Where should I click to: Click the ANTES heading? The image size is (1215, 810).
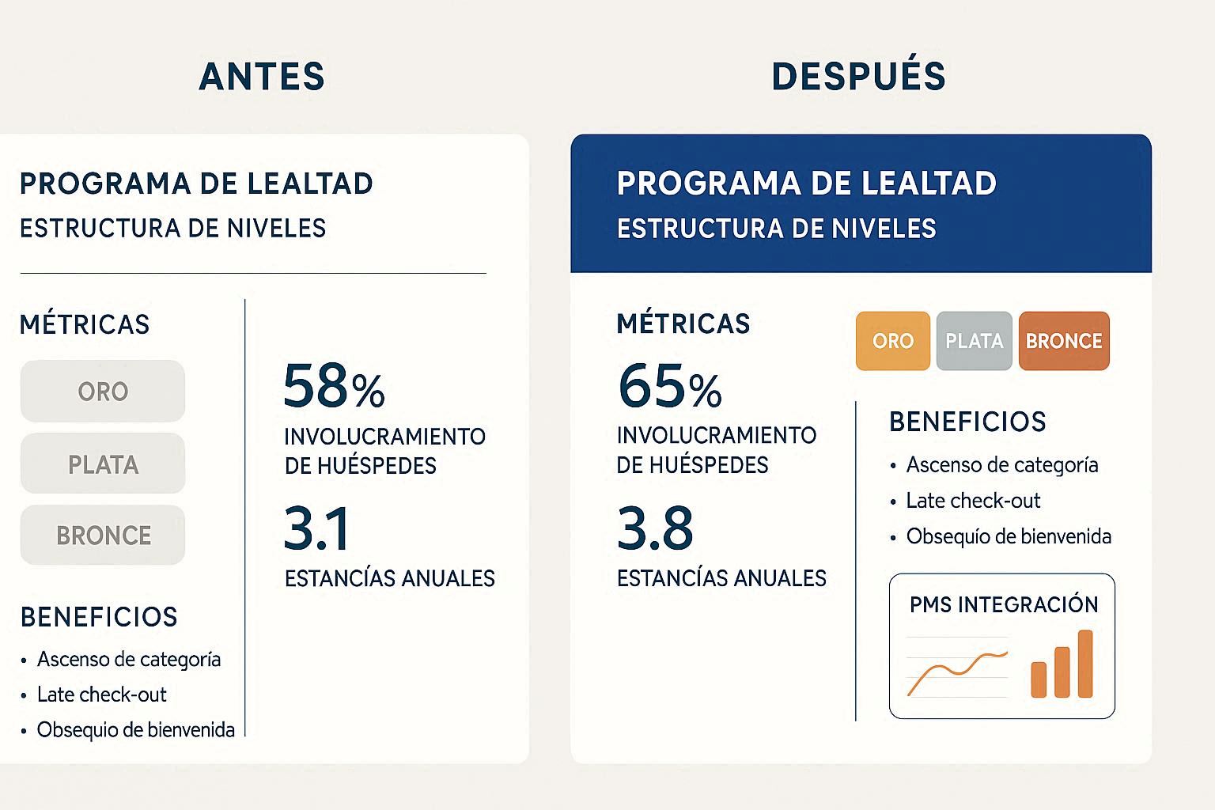[262, 77]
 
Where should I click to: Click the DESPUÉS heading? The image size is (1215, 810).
[858, 77]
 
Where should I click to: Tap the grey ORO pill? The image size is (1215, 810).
[103, 392]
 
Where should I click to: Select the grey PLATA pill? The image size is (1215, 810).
[103, 464]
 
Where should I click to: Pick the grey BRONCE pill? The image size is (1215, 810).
[103, 536]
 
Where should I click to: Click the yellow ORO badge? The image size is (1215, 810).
[892, 341]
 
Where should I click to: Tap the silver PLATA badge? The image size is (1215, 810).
[974, 341]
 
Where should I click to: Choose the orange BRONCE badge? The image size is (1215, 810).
[1064, 341]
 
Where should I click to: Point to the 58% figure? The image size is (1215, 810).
[334, 386]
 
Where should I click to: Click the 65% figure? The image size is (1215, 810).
[669, 386]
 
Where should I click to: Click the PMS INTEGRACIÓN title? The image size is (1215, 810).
[1003, 605]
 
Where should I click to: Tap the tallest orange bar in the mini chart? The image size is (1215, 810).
[1085, 664]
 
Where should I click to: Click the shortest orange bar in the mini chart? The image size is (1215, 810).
[1039, 679]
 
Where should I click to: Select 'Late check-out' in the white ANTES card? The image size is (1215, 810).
[101, 695]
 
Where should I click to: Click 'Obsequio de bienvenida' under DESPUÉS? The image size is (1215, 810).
[1009, 536]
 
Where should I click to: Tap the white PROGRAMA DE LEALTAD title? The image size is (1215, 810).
[806, 184]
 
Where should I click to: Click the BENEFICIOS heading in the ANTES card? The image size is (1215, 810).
[99, 617]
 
